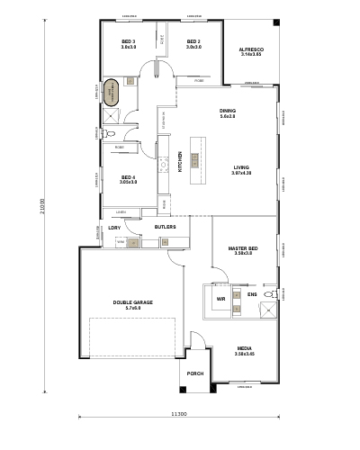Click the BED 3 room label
[128, 41]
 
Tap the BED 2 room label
[193, 41]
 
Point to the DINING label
[228, 112]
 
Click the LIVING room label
[241, 167]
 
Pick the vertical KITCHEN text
[180, 163]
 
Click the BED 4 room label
[128, 177]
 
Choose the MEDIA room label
[245, 349]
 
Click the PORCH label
[195, 373]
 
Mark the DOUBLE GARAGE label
[127, 303]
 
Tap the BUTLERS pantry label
[165, 228]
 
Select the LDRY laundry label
[114, 228]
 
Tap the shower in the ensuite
[267, 310]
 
